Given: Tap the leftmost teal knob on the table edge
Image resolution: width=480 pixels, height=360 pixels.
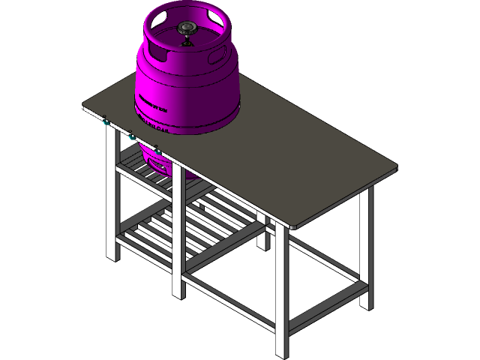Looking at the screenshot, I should tap(105, 121).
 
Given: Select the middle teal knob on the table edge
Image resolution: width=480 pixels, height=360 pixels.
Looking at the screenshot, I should tap(131, 137).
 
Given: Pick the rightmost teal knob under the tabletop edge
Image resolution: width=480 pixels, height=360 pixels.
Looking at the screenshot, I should tap(158, 154).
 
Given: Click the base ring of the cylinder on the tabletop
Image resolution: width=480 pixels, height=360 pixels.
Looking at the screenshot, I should tap(187, 127).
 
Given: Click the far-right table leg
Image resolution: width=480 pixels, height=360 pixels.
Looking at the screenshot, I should tap(366, 247).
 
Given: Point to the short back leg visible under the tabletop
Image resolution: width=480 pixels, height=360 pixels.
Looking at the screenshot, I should tap(263, 229).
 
